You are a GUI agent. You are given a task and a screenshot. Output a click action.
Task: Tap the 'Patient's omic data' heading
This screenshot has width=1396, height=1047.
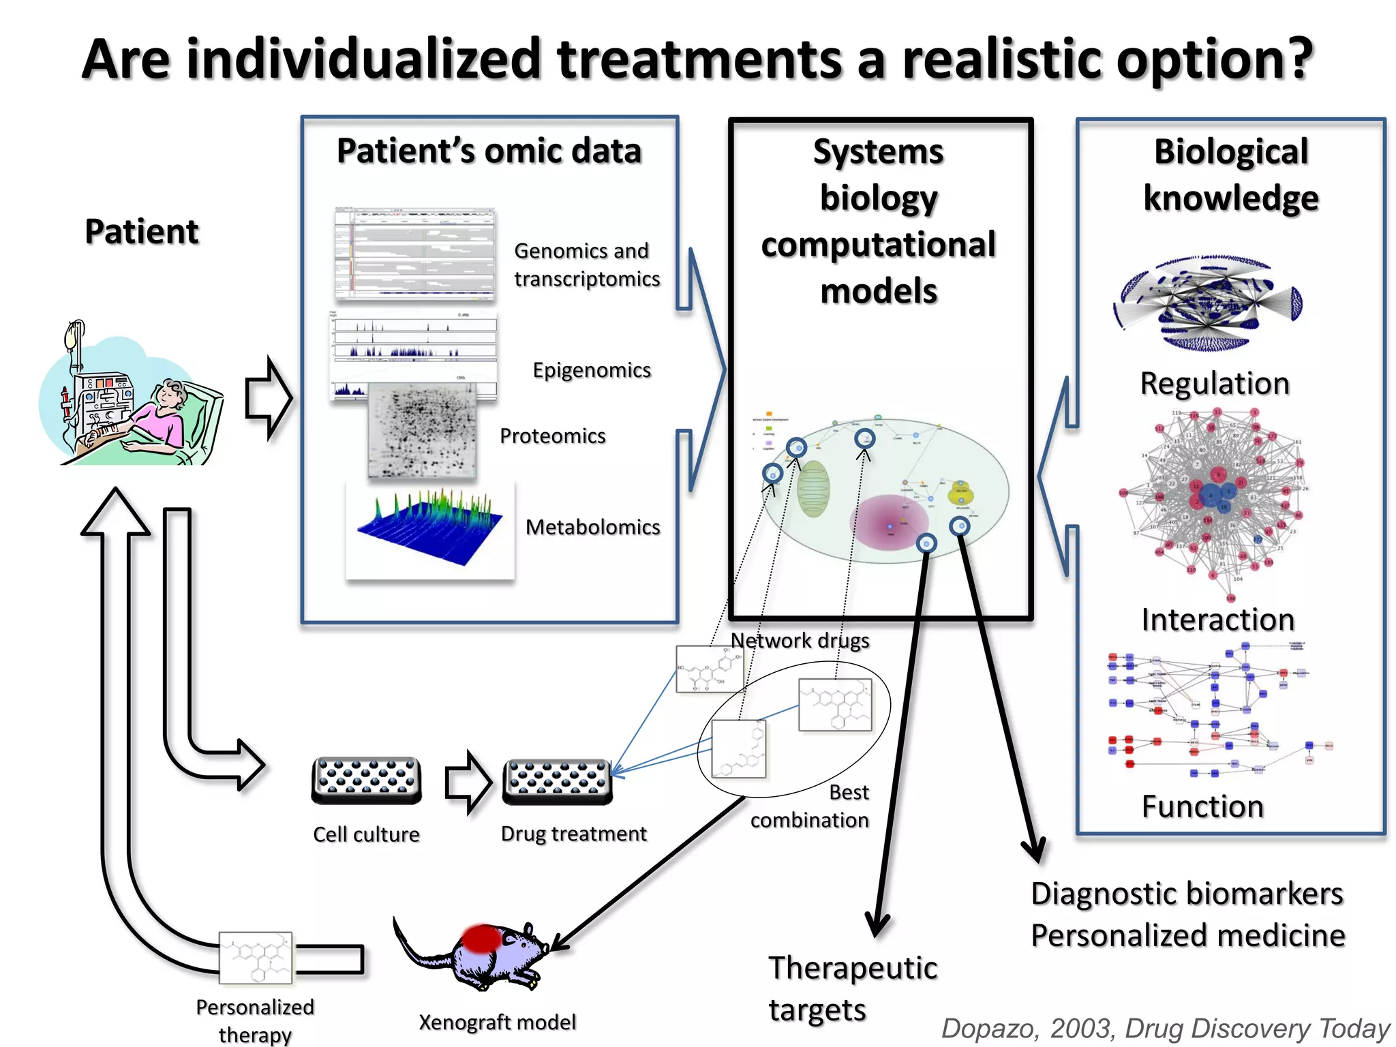point(489,151)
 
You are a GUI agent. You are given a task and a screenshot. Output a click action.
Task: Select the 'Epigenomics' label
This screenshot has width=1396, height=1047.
point(591,370)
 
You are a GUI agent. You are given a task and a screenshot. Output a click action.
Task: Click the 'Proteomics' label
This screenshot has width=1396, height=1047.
point(552,436)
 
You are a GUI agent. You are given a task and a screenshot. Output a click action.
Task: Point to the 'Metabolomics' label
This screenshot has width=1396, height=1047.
point(592,527)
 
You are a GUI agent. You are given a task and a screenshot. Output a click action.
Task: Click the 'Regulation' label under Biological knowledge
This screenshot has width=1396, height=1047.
point(1215,384)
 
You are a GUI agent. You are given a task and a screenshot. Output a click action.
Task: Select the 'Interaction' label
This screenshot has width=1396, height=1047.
point(1217,620)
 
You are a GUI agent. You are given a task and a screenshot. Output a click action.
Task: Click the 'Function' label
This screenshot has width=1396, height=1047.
point(1202,806)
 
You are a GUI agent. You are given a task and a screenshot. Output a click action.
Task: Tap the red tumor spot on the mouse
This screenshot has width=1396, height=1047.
point(481,939)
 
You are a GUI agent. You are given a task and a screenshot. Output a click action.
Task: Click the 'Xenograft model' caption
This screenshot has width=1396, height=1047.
point(497,1022)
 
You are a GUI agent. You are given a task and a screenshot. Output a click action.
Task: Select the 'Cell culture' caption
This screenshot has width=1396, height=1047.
point(366,834)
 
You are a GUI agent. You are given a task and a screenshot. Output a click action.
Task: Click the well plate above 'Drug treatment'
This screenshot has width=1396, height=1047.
point(557,782)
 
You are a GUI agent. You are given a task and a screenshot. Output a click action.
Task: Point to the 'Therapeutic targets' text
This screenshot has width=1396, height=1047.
point(852,988)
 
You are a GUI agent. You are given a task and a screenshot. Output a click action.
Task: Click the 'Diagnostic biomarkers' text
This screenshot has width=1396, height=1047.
point(1186,894)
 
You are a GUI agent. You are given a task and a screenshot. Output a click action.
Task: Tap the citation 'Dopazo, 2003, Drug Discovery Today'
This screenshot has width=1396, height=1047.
point(1165,1028)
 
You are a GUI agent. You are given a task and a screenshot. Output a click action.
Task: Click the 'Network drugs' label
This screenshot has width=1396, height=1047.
point(800,641)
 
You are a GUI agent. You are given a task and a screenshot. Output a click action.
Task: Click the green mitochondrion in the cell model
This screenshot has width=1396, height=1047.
point(813,489)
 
